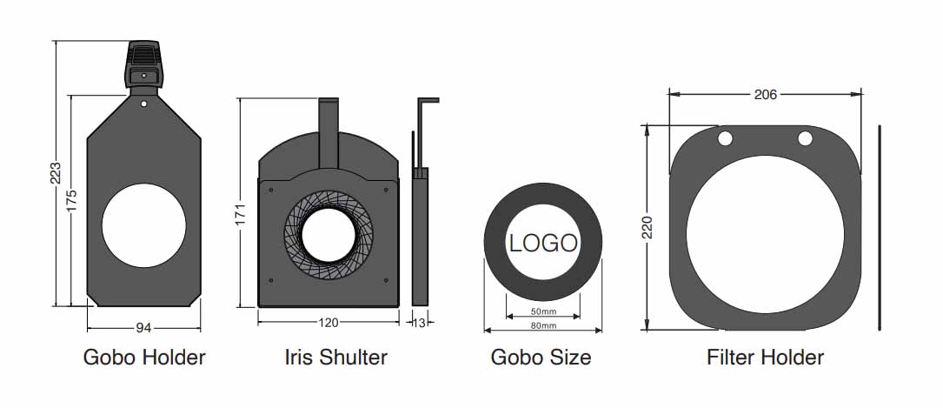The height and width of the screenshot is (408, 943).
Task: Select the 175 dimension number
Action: (x=71, y=201)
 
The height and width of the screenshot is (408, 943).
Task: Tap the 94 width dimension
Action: (x=143, y=328)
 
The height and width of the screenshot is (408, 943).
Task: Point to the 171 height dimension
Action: (x=240, y=215)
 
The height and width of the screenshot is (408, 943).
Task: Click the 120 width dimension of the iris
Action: (x=329, y=323)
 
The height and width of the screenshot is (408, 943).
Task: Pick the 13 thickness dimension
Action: (x=419, y=323)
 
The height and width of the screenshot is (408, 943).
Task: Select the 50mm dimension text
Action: (x=544, y=311)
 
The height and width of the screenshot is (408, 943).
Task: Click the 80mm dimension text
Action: (x=544, y=325)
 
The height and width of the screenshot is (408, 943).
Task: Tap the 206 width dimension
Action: (x=765, y=95)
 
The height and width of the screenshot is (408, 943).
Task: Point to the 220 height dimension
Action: (x=647, y=227)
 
